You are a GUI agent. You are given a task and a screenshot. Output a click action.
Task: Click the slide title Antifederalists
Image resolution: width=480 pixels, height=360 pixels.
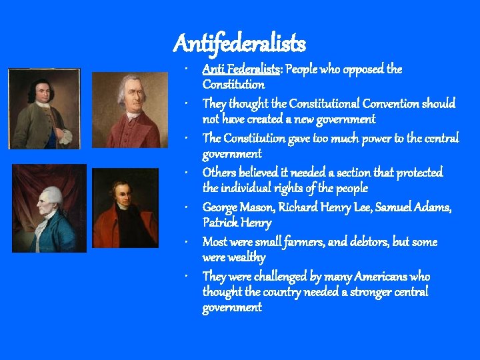pos(239,44)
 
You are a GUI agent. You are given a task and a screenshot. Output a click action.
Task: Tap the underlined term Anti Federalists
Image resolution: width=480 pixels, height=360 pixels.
pos(241,69)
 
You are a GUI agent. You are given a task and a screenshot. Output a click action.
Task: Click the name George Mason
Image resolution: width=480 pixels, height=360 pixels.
pos(235,207)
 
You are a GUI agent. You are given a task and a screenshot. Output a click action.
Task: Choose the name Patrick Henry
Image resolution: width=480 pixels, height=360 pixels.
pos(237,223)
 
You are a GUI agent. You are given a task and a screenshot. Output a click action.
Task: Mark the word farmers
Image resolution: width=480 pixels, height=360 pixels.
pos(301,242)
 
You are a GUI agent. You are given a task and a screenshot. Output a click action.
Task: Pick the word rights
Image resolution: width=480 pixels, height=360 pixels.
pos(301,188)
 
